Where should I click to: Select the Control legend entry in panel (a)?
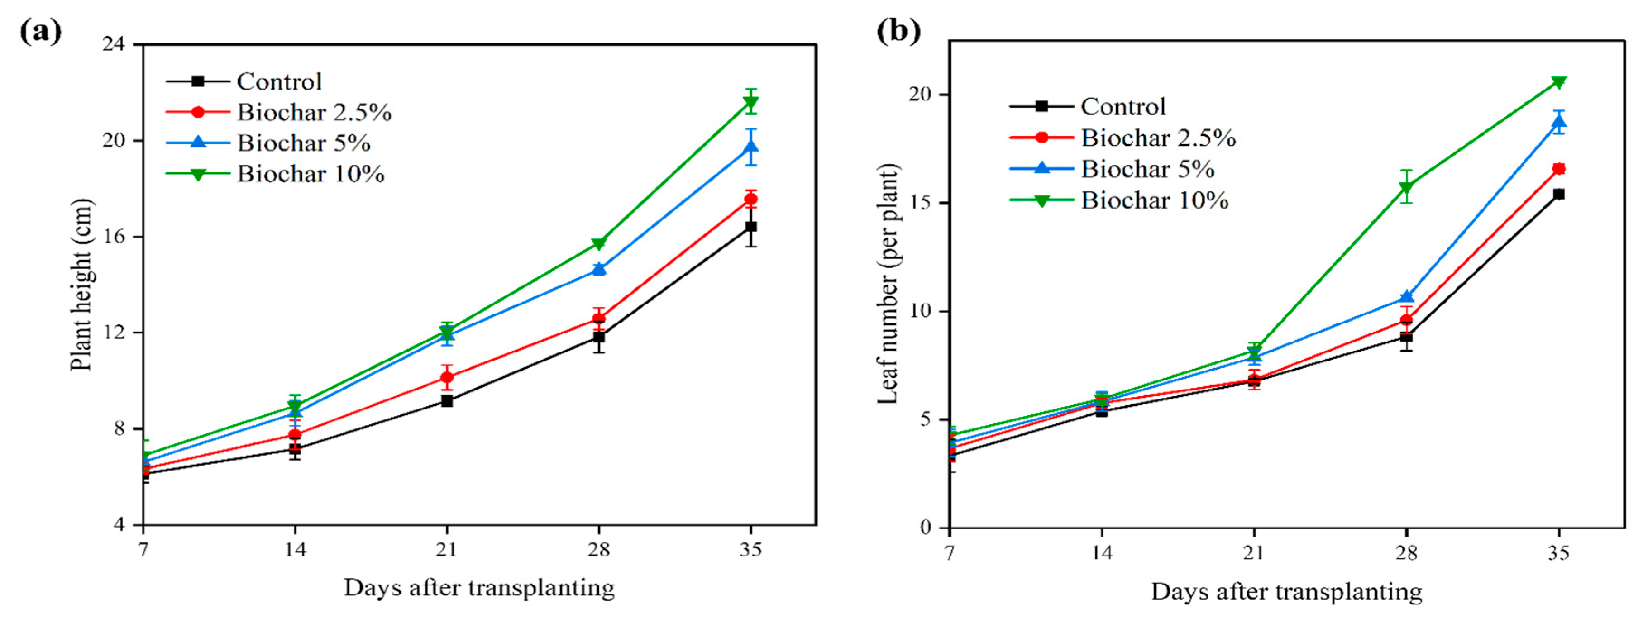pos(279,81)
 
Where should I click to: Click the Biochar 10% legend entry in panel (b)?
pos(1155,201)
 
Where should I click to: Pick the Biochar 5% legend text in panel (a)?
pos(304,143)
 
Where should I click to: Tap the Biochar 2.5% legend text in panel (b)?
pos(1158,138)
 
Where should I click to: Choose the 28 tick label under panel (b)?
pos(1406,552)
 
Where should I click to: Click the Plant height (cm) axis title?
pos(81,285)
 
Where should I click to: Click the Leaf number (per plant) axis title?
pos(888,285)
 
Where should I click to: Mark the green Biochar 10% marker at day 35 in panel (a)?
pos(751,102)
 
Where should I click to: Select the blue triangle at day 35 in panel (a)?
pos(751,147)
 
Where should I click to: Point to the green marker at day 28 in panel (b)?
pos(1406,187)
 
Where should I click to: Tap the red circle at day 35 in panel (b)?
pos(1558,169)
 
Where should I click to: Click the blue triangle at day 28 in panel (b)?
pos(1406,296)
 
